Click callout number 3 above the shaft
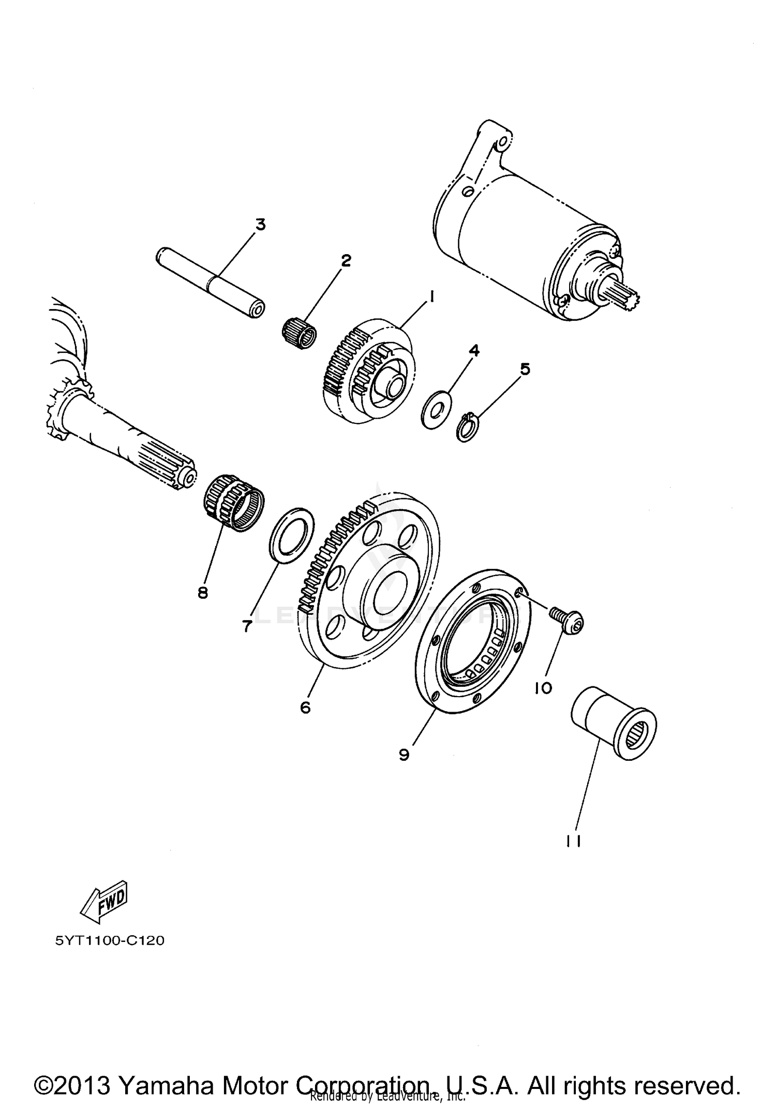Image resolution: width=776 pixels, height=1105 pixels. (x=260, y=225)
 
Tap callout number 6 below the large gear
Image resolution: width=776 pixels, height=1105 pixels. (x=305, y=707)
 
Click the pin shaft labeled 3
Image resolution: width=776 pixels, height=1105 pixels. (x=211, y=284)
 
